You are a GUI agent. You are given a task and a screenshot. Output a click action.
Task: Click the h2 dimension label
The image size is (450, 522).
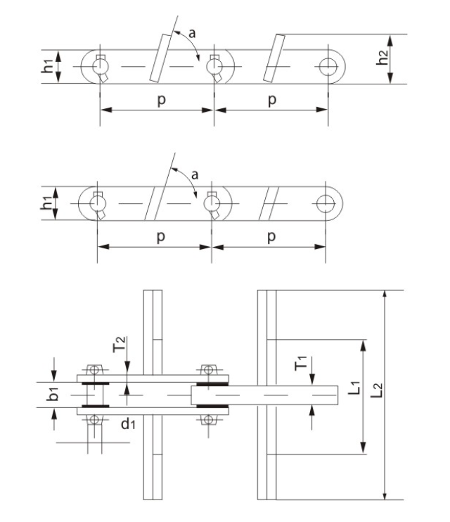click(x=382, y=57)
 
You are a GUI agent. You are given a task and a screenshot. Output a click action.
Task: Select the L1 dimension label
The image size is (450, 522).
click(x=354, y=388)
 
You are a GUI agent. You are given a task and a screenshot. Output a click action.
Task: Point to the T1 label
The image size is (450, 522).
click(x=300, y=363)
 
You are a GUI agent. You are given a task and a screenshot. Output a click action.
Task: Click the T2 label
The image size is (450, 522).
click(x=119, y=345)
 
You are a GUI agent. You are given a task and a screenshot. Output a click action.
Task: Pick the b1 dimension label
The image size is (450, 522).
click(x=53, y=394)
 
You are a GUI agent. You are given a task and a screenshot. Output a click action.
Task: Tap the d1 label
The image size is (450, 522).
click(x=128, y=424)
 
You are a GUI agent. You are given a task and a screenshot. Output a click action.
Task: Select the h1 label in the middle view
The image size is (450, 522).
click(x=46, y=203)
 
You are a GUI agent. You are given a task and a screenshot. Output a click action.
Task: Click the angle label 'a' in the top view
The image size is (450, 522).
click(x=192, y=33)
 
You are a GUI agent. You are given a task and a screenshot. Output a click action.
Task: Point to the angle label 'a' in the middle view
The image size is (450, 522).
click(x=194, y=174)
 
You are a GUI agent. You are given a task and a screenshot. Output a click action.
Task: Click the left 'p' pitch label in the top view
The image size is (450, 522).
click(x=162, y=100)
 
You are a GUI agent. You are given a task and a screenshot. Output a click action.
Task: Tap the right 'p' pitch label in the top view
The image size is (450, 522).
click(x=272, y=100)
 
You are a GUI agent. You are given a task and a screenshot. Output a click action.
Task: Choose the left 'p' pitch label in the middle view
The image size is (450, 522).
click(x=161, y=237)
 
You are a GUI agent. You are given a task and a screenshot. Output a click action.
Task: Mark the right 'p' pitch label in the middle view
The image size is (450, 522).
click(x=271, y=237)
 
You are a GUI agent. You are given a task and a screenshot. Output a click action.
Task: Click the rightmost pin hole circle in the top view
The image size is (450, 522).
click(x=328, y=67)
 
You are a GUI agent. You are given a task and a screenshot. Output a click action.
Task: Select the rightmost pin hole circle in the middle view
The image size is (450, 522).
click(x=326, y=203)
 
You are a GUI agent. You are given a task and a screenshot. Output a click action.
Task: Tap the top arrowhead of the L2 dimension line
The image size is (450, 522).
click(x=385, y=295)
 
